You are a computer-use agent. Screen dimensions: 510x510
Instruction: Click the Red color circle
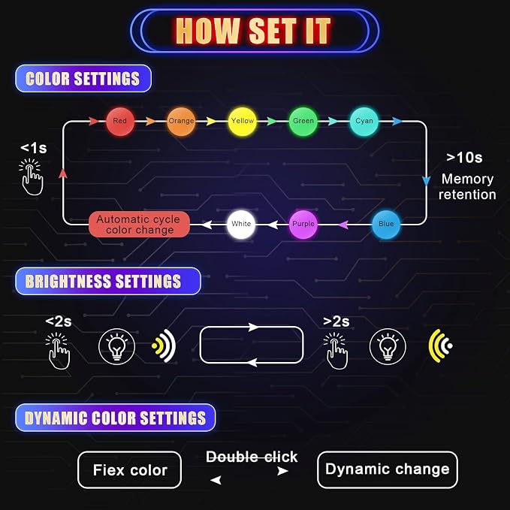[120, 122]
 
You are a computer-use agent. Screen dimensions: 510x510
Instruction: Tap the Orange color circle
[181, 122]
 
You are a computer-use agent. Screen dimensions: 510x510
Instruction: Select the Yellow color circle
[243, 122]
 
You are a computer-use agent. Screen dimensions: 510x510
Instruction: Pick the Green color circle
[303, 122]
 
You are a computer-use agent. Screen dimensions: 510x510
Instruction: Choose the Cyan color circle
[364, 122]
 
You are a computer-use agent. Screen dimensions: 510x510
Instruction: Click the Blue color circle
[386, 224]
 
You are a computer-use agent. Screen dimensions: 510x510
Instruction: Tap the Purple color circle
[303, 224]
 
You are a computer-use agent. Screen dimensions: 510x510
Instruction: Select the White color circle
[241, 224]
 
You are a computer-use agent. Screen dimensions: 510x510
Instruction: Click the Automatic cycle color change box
[139, 225]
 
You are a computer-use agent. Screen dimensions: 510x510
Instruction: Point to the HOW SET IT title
[253, 31]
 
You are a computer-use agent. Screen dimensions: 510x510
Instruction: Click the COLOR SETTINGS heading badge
[83, 78]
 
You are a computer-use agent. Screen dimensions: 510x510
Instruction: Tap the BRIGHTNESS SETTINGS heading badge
[108, 281]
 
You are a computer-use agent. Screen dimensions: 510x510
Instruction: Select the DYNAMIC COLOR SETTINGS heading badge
[116, 418]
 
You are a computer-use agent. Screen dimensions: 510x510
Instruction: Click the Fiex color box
[129, 470]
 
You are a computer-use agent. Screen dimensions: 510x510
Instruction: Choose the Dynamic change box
[388, 469]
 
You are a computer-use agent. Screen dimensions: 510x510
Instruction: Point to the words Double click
[252, 457]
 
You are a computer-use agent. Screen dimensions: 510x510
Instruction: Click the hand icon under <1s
[31, 177]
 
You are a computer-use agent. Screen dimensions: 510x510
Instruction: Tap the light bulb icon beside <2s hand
[116, 346]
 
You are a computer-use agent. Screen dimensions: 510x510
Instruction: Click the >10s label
[464, 158]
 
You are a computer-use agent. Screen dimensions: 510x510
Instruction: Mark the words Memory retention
[467, 187]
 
